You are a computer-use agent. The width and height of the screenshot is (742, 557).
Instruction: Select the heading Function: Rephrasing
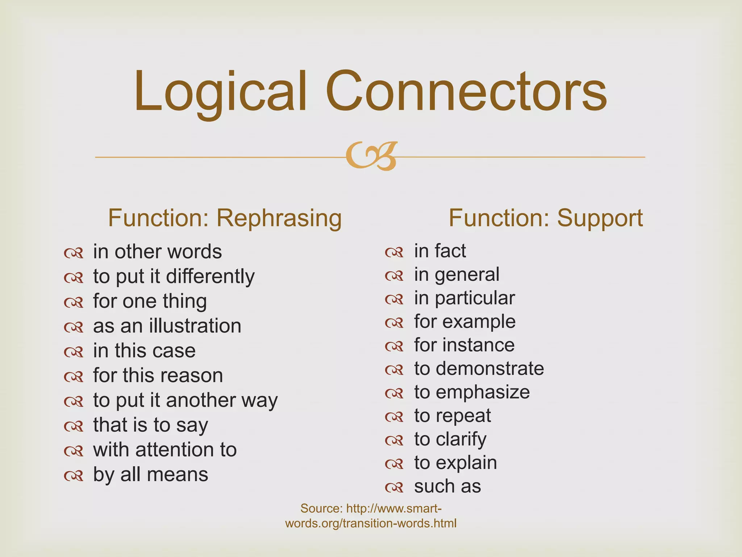pos(225,218)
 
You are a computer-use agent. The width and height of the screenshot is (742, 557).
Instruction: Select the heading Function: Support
pos(546,218)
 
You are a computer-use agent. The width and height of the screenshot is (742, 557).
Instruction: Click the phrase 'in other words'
pos(157,251)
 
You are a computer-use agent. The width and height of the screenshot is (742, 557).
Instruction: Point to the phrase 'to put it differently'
pos(174,276)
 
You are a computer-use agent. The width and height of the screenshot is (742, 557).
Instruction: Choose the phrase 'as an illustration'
pos(167,326)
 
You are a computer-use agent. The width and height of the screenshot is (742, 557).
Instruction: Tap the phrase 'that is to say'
pos(150,425)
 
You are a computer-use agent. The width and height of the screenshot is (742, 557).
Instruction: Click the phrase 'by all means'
pos(150,474)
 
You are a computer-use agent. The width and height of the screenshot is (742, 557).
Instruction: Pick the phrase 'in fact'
pos(440,251)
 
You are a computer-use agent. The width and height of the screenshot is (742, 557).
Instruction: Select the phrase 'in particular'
pos(464,298)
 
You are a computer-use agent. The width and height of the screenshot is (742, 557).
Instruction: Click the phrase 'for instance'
pos(464,344)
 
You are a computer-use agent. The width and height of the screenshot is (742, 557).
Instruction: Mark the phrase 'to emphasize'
pos(472,392)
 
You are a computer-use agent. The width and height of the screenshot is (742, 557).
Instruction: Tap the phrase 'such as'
pos(447,486)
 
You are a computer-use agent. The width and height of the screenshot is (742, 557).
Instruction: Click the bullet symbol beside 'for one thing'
pos(74,302)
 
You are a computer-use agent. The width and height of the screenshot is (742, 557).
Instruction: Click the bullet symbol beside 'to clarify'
pos(394,440)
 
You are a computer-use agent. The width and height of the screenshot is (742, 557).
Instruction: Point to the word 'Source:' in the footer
pos(321,508)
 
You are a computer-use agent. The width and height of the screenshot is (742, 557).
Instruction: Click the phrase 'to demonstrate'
pos(479,368)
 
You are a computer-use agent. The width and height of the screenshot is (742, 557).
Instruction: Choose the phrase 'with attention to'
pos(165,449)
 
